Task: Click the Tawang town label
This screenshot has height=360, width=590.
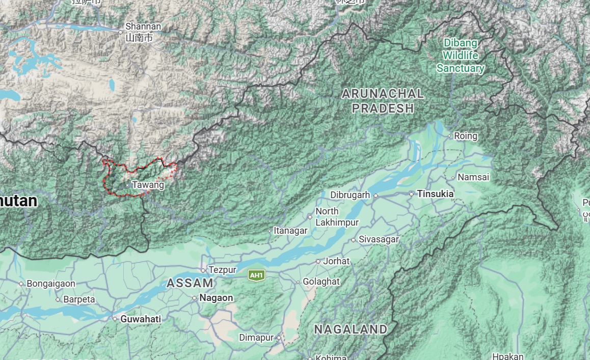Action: point(148,185)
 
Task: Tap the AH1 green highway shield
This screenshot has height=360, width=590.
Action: point(256,275)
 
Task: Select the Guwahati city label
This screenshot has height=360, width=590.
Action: point(140,319)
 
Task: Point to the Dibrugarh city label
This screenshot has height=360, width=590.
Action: point(350,195)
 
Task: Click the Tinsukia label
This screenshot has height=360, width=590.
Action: point(435,194)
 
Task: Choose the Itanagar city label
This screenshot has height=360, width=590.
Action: point(290,231)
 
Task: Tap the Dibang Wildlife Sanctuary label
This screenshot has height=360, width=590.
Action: point(460,55)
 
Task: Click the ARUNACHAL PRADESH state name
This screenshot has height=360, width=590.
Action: point(383,101)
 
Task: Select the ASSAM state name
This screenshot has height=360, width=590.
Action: point(190,283)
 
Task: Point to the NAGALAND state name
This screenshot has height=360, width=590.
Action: point(351,329)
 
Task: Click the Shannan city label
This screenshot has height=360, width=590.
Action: point(143,26)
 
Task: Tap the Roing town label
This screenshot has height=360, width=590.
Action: point(465,136)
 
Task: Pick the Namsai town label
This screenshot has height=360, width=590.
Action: point(473,177)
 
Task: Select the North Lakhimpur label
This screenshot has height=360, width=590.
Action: point(337,217)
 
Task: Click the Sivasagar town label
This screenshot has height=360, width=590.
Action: point(379,239)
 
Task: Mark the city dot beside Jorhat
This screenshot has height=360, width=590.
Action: point(318,261)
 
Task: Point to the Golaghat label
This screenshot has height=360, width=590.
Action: point(321,282)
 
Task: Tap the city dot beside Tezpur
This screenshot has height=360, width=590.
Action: point(203,270)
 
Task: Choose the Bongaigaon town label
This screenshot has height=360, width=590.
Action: point(50,284)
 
